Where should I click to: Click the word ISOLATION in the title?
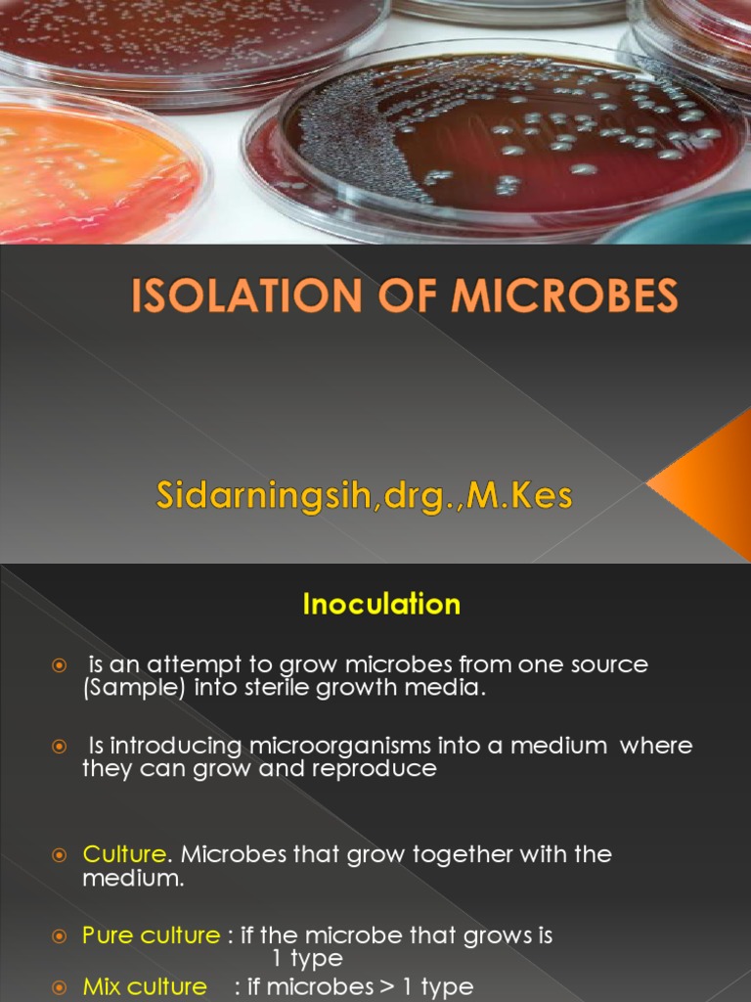234,296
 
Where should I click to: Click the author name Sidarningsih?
252,496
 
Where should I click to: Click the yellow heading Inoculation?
381,605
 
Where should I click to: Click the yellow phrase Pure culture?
152,935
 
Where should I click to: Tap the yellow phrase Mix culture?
145,986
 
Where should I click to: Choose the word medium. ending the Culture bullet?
119,879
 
